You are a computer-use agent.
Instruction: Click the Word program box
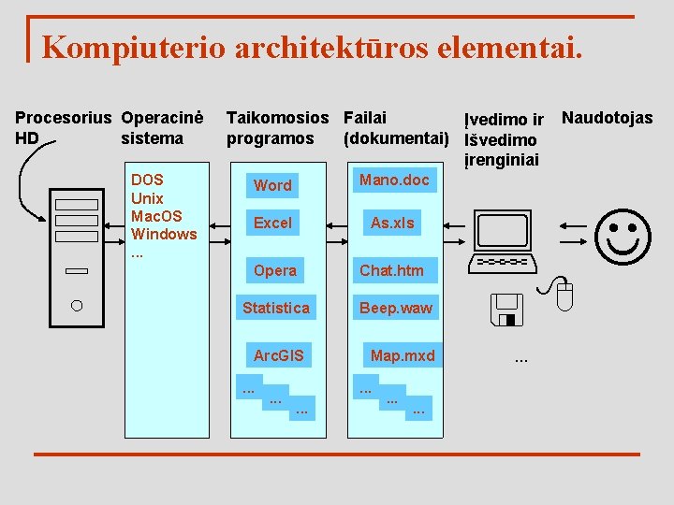(272, 185)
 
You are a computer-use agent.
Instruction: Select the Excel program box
(272, 223)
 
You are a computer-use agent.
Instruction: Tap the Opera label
(275, 270)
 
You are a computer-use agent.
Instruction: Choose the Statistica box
(275, 307)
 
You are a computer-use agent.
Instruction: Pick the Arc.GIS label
(279, 355)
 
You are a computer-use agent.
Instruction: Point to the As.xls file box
(392, 223)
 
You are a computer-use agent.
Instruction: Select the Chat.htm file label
(391, 270)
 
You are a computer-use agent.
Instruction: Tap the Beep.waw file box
(396, 307)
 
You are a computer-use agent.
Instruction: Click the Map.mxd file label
(403, 355)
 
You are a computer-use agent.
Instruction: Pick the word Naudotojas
(607, 118)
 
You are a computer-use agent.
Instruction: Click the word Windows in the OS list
(164, 234)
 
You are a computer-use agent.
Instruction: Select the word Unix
(147, 198)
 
